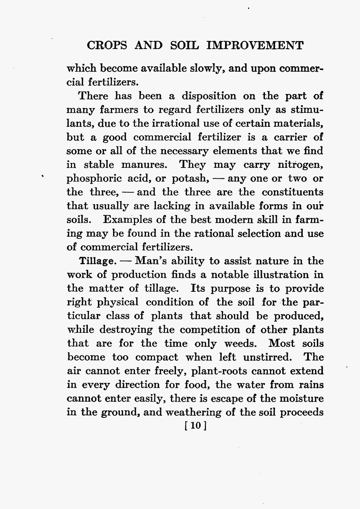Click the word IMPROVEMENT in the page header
coord(256,46)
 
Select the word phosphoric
coord(94,179)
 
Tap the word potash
coord(190,178)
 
